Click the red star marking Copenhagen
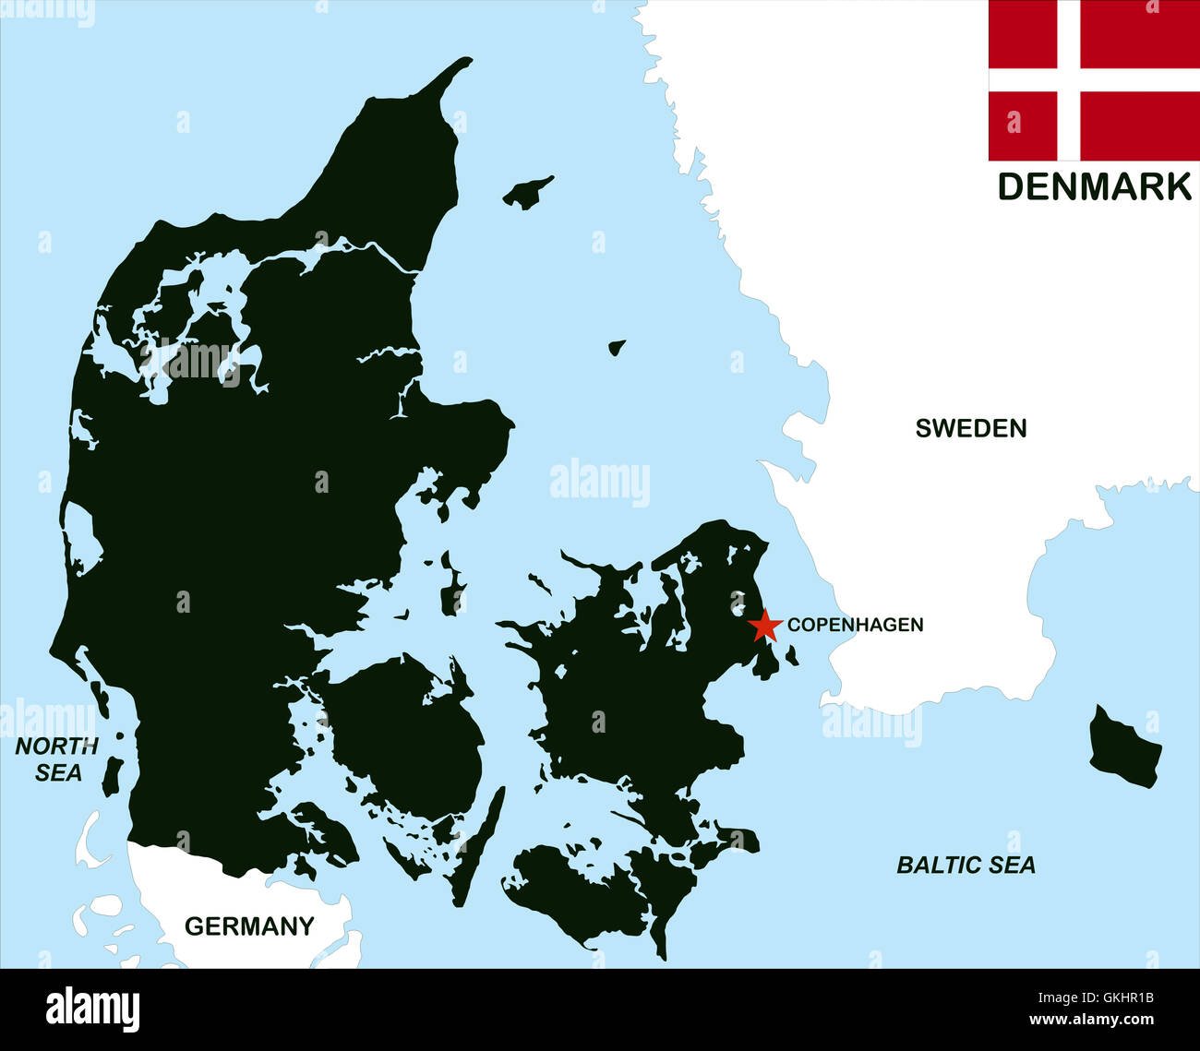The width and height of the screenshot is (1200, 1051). (x=763, y=626)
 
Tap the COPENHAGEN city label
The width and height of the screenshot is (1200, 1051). (x=855, y=625)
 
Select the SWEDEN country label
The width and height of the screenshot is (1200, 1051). (x=971, y=428)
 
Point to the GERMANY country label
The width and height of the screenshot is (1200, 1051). (x=249, y=926)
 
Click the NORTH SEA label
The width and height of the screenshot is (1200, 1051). (x=57, y=759)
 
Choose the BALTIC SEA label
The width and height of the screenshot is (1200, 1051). (x=966, y=865)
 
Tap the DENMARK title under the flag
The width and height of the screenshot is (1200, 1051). (x=1094, y=186)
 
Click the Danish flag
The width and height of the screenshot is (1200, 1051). (x=1094, y=80)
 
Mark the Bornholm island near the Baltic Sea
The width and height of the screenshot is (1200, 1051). (x=1124, y=748)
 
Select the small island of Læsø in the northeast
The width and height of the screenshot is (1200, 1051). (x=528, y=192)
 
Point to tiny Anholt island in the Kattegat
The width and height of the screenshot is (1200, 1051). (x=617, y=348)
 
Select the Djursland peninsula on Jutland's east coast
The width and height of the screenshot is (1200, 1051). (x=462, y=434)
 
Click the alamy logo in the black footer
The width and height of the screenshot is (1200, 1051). (x=92, y=1009)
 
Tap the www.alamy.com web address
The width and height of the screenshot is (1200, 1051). (x=1091, y=1021)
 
